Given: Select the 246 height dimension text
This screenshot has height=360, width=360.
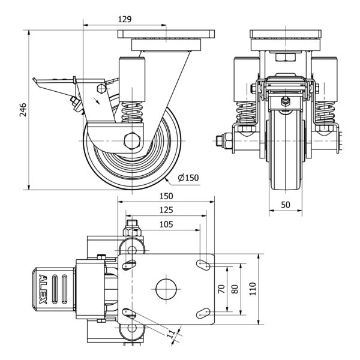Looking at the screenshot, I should (x=23, y=109).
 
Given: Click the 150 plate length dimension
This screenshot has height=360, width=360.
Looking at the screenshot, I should (x=166, y=196).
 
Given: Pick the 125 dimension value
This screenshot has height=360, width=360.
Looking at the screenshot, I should (x=166, y=210).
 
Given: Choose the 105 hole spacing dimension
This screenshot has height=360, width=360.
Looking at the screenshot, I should (x=166, y=224).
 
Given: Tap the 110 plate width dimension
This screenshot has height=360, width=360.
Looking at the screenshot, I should (x=253, y=289).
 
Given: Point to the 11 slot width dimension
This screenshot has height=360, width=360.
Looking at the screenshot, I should (x=171, y=333).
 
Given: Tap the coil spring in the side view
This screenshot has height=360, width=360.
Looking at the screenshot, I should (x=131, y=112).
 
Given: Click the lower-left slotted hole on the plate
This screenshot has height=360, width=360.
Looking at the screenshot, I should (x=127, y=312).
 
